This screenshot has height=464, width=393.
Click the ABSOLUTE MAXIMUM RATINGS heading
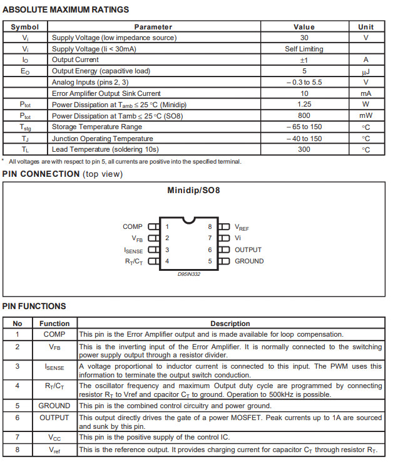[66, 9]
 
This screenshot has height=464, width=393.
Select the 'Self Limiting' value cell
[304, 49]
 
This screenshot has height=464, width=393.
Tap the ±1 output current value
[304, 60]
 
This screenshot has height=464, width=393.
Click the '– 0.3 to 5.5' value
[304, 82]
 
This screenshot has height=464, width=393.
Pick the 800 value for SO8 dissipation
[304, 116]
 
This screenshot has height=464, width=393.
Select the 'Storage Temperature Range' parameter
[97, 127]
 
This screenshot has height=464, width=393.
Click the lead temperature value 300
[304, 150]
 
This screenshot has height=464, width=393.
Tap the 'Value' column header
[304, 27]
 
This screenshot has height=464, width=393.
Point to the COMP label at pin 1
[133, 227]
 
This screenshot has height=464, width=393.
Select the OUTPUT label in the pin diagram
[248, 250]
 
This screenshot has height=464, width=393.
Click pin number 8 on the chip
[210, 227]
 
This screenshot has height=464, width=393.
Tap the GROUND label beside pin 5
[249, 261]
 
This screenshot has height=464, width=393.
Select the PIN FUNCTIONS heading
[34, 307]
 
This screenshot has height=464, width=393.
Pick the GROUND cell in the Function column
[54, 406]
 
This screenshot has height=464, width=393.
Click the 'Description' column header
[230, 324]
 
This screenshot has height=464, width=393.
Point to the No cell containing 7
[18, 436]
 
